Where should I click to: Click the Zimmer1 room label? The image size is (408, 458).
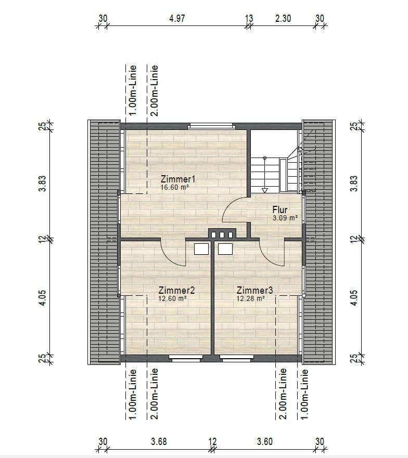[x=178, y=179]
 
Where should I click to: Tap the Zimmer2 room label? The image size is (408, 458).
[x=176, y=290]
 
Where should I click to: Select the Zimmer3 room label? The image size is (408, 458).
[x=254, y=290]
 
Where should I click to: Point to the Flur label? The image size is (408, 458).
[x=280, y=210]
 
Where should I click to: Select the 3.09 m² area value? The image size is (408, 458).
[x=285, y=218]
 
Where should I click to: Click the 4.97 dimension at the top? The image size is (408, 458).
[x=177, y=18]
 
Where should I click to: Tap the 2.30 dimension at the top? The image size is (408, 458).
[x=283, y=18]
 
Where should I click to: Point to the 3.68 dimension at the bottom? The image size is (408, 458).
[x=159, y=442]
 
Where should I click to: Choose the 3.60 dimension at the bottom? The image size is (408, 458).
[x=265, y=442]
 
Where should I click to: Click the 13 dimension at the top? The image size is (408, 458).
[x=249, y=18]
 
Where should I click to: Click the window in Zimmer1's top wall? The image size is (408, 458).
[x=211, y=125]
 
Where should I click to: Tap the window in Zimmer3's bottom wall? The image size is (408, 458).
[x=237, y=358]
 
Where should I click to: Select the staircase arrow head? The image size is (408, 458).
[x=264, y=190]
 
